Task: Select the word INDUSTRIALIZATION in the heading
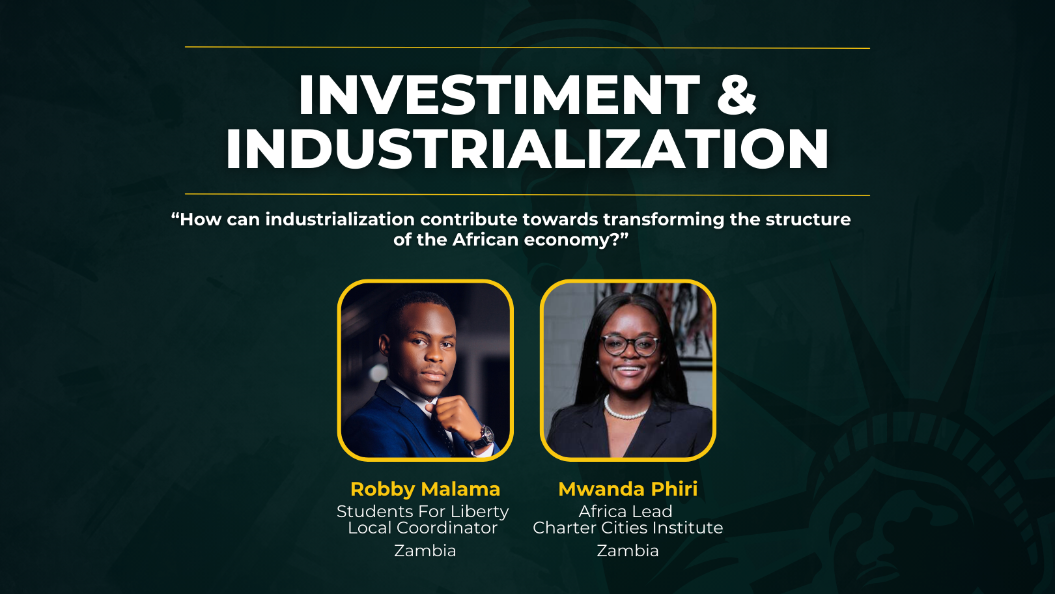coord(527,148)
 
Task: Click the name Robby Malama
coord(425,489)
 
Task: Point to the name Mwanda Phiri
coord(628,489)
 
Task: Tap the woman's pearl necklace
coord(625,409)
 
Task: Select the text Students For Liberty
coord(423,511)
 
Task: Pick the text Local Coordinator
coord(423,528)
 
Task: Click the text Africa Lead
coord(625,511)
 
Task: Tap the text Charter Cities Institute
coord(628,528)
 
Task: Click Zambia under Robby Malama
coord(425,550)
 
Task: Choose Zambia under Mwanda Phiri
coord(628,550)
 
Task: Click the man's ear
coord(385,345)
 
